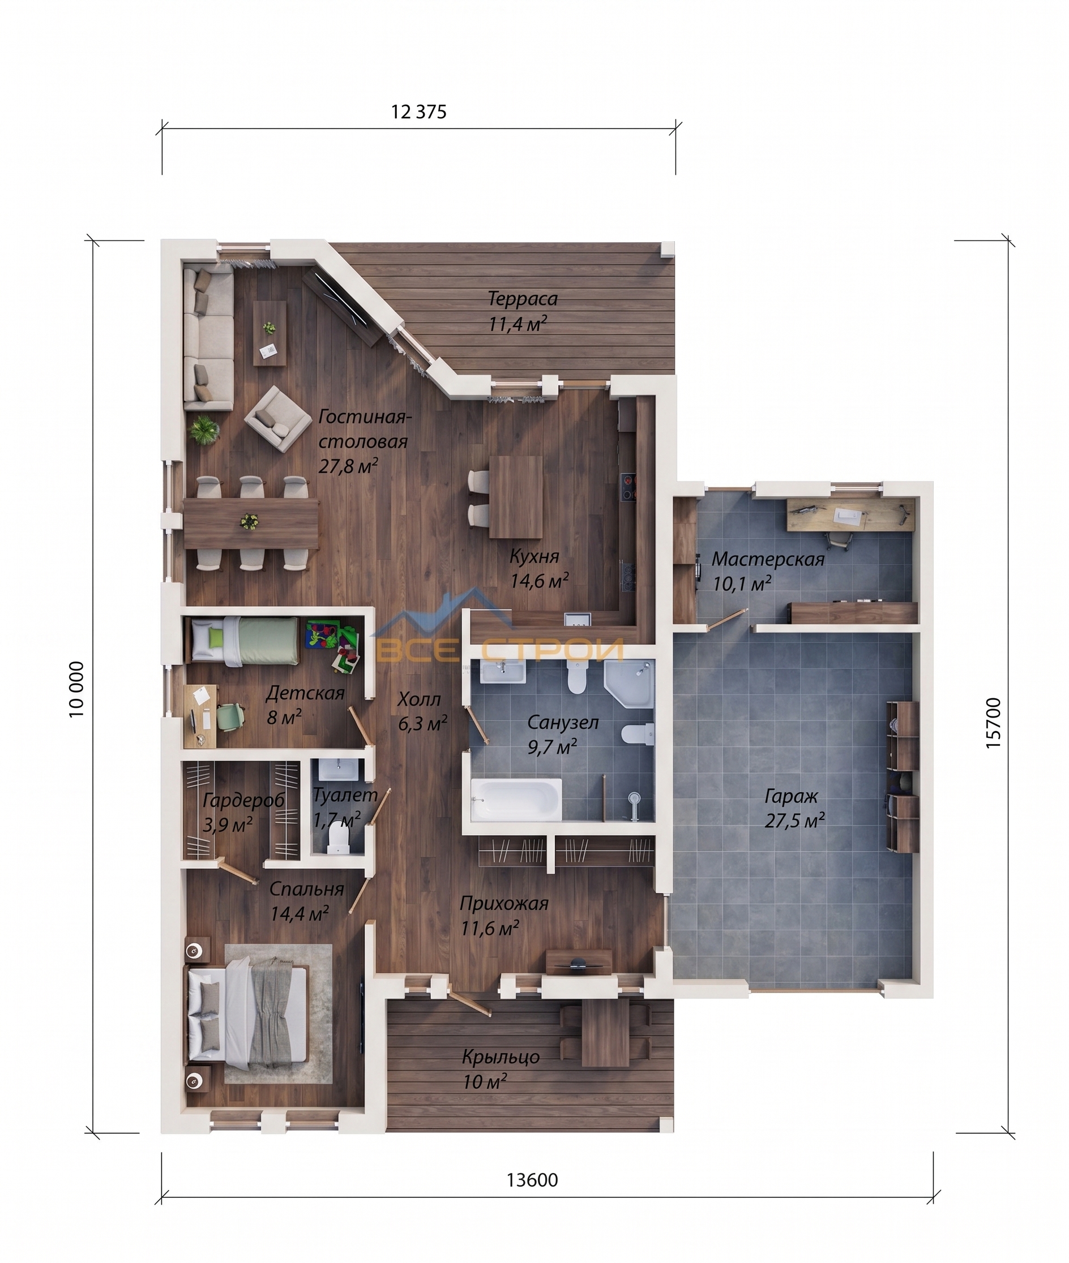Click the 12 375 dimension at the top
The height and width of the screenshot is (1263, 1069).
click(419, 112)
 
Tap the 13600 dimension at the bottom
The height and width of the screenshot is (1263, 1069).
click(532, 1180)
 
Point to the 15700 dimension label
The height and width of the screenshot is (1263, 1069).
click(993, 723)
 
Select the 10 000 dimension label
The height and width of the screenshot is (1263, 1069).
click(76, 689)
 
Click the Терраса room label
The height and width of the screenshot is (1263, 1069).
click(523, 299)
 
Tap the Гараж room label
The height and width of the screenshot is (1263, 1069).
click(792, 796)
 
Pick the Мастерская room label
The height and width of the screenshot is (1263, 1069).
click(768, 559)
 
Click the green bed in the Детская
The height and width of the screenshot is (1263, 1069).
click(245, 641)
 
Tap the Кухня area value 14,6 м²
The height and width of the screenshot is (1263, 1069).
click(538, 581)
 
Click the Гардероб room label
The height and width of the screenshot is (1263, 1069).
click(243, 800)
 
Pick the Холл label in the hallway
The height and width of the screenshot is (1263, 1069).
click(419, 699)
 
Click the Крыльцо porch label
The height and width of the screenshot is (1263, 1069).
click(501, 1057)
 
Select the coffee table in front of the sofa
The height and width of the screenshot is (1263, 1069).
click(270, 333)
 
